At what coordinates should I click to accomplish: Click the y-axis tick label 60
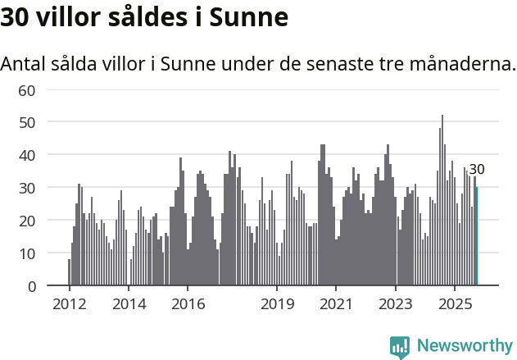point(26,89)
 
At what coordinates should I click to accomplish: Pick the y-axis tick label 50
point(26,122)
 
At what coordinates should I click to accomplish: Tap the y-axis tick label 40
point(26,155)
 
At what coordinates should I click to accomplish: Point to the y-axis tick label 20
point(26,221)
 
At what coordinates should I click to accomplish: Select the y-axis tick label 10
point(26,253)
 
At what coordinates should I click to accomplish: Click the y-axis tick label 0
point(31,286)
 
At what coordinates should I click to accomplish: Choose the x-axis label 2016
point(188,304)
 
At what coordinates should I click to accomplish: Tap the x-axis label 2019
point(277,304)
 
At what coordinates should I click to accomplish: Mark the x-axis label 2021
point(336,304)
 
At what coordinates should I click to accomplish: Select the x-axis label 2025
point(455,304)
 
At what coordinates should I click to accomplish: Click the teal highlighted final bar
point(477,238)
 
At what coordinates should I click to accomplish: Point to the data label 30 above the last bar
point(477,170)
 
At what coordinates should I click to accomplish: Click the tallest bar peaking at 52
point(442,201)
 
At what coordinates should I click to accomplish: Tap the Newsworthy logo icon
point(400,346)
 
